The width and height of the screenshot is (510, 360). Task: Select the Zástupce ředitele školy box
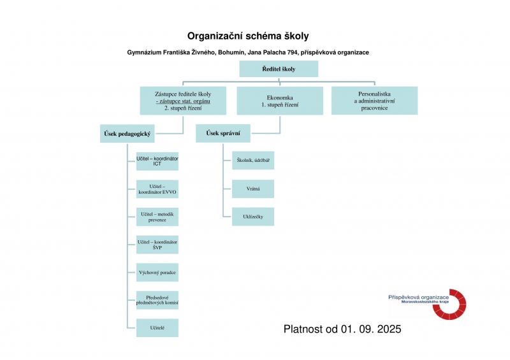(x=183, y=100)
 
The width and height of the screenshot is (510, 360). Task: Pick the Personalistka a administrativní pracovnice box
(x=374, y=100)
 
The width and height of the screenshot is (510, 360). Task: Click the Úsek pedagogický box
(x=127, y=134)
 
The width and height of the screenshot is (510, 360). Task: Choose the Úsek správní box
(x=222, y=134)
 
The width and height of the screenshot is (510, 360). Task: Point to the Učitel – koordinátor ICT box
(x=157, y=161)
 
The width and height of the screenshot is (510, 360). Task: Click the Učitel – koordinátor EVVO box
(x=157, y=189)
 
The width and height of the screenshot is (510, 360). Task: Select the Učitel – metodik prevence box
(x=157, y=217)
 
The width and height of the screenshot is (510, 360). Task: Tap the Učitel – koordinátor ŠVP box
(x=157, y=245)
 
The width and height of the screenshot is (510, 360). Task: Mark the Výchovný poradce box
(x=157, y=272)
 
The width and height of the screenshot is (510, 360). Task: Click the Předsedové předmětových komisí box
(x=157, y=300)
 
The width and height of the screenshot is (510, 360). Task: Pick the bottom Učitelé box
(x=157, y=328)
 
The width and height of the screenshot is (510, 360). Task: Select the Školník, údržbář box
(x=252, y=161)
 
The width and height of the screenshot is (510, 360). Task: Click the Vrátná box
(x=252, y=189)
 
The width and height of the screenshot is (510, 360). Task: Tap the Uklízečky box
(x=252, y=217)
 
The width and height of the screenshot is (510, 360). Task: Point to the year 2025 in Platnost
(x=386, y=329)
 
